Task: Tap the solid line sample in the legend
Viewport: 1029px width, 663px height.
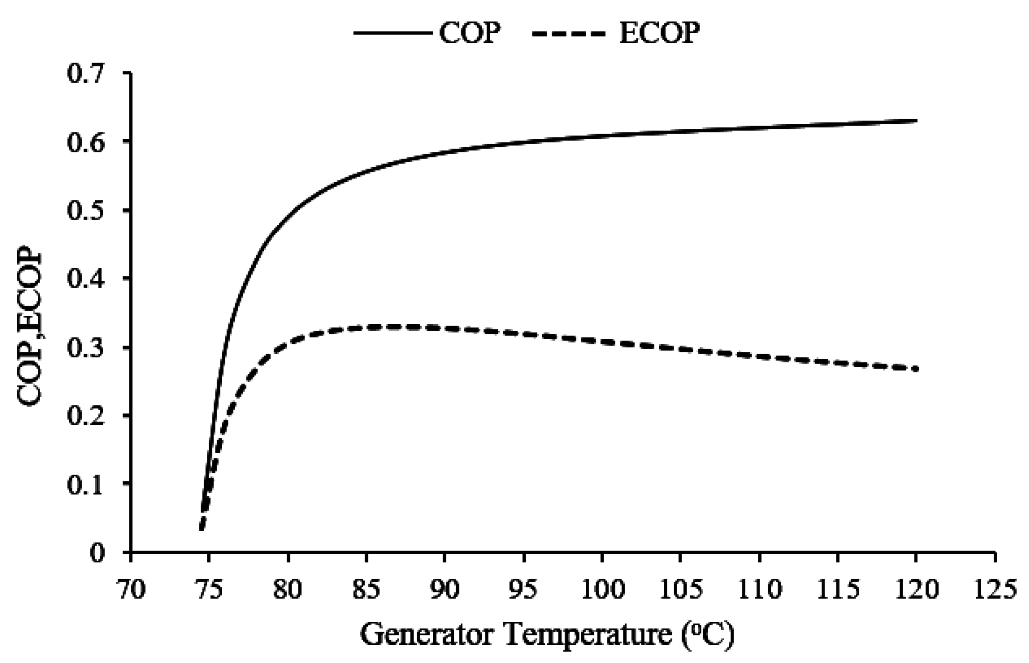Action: [x=393, y=34]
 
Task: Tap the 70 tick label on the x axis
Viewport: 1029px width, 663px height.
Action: [x=131, y=590]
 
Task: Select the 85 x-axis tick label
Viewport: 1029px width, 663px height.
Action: [x=366, y=590]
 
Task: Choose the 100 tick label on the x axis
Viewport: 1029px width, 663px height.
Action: [x=602, y=590]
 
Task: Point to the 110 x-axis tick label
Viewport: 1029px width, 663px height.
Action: [x=759, y=590]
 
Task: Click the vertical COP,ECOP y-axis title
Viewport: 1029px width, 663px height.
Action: [x=29, y=329]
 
